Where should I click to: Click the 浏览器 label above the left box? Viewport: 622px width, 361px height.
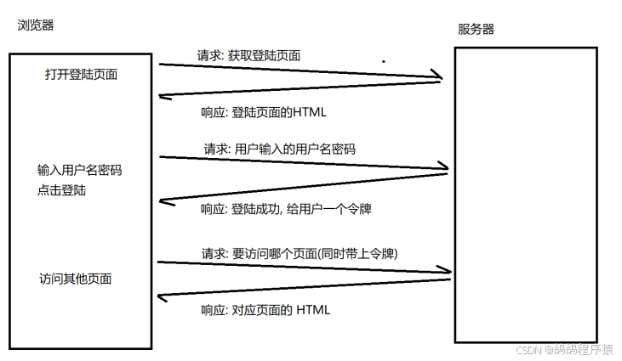36,25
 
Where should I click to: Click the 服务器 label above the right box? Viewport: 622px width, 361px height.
476,29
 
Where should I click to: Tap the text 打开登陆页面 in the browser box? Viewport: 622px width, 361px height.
82,75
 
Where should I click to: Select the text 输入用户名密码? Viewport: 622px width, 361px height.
80,170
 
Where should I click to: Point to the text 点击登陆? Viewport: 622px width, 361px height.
62,190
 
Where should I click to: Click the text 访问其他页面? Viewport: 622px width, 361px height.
76,279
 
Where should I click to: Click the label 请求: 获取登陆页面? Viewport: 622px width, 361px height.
248,55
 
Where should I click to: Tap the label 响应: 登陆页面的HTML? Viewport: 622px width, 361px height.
264,112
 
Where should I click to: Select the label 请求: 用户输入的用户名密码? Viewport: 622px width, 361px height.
280,149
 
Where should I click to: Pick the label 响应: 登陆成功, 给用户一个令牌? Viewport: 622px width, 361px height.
286,209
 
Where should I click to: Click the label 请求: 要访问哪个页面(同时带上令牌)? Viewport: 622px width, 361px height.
300,254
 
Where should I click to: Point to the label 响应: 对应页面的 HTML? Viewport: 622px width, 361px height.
265,310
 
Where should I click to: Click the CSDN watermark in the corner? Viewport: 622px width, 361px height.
564,349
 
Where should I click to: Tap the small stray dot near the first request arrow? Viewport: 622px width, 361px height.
384,61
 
